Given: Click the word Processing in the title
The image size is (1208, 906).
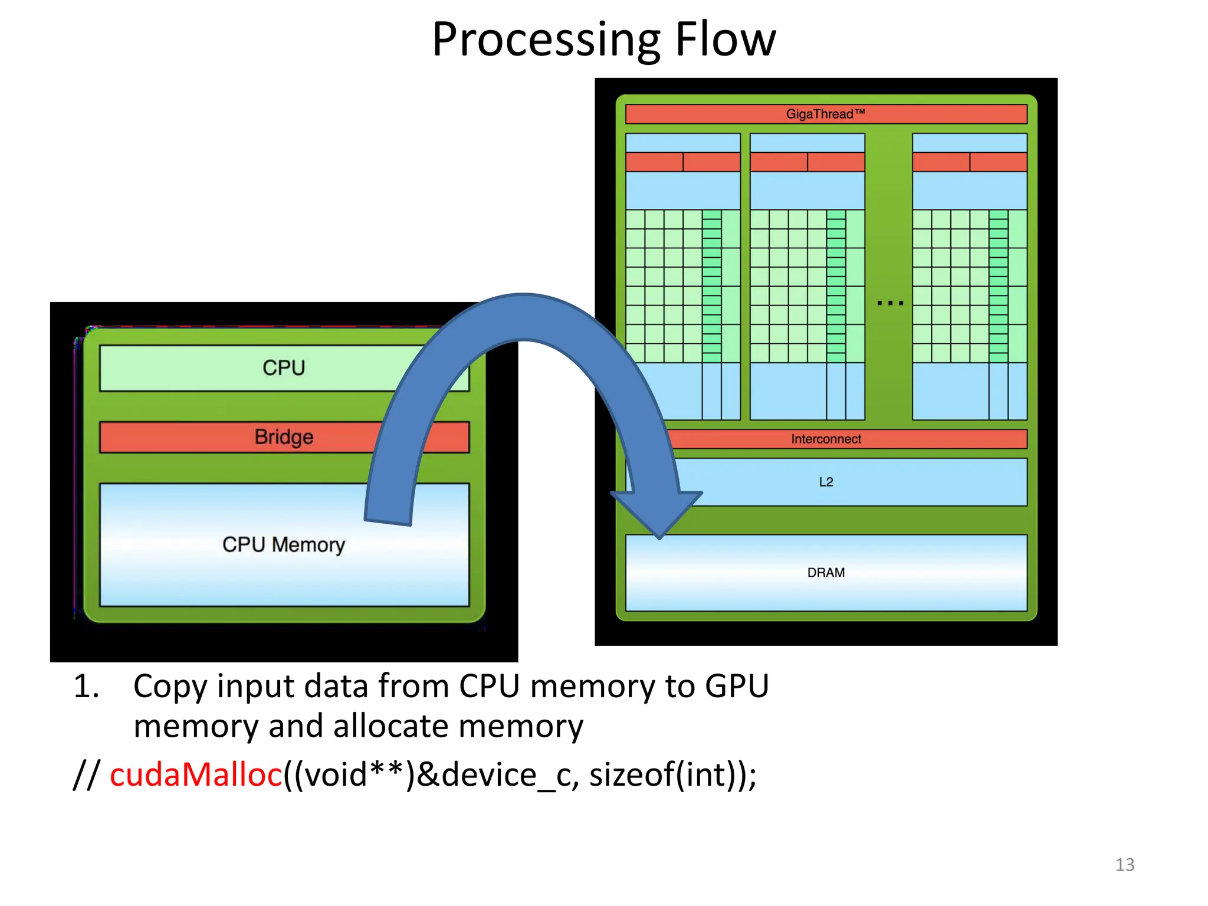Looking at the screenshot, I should coord(546,40).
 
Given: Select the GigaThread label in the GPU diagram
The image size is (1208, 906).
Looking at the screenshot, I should coord(825,114).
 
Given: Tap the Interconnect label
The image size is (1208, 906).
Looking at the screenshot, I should coord(826,439).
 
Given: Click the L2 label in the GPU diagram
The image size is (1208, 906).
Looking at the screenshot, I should coord(826,482).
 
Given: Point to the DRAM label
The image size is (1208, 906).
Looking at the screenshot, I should coord(826,573).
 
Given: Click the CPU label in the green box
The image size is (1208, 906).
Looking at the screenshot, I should coord(284,368).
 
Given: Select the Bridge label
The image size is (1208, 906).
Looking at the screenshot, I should coord(284,437).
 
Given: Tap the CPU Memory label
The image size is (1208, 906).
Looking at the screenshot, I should coord(284,544).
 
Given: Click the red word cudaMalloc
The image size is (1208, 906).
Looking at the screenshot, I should coord(196,774).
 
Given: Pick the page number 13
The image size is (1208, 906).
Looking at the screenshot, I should coord(1124,865).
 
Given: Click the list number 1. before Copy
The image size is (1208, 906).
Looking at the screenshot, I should coord(86,687).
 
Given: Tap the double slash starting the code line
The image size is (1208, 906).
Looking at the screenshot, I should coord(86,774).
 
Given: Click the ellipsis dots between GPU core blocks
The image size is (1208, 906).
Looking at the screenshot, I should coord(889,303).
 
